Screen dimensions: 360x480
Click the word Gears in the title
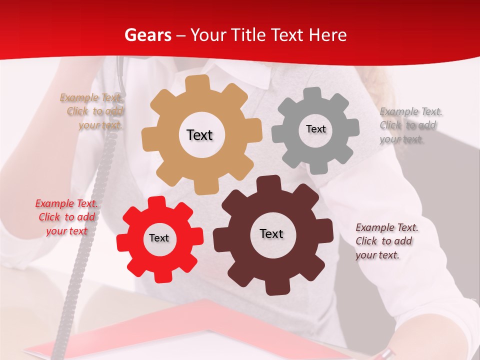[147, 35]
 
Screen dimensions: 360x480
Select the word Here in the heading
[327, 35]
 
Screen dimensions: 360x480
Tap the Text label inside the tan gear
[199, 135]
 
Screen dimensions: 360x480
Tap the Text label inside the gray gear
[315, 129]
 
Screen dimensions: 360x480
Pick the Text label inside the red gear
[159, 238]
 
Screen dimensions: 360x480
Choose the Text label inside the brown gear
[271, 233]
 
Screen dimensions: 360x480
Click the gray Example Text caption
[409, 125]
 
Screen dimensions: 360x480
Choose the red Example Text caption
[66, 217]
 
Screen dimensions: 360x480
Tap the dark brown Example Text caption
[386, 241]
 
